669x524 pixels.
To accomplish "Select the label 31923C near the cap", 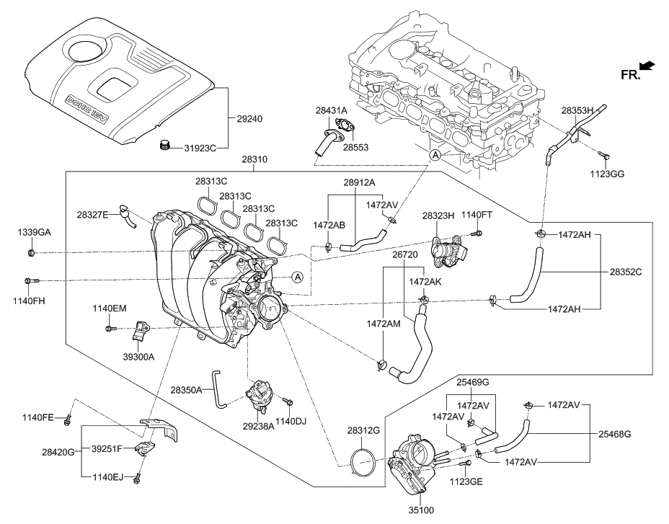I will pos(198,148).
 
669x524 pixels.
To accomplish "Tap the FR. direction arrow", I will pos(646,66).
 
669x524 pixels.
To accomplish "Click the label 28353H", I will pos(577,110).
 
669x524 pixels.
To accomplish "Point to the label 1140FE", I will pos(37,417).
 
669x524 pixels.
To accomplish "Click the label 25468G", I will pos(614,434).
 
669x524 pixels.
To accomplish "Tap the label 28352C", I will pos(626,272).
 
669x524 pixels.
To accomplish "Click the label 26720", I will pos(405,255).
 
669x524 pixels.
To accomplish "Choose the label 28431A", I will pos(331,110).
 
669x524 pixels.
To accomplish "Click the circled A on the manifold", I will pos(297,277).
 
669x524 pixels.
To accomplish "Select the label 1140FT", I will pos(477,215).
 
